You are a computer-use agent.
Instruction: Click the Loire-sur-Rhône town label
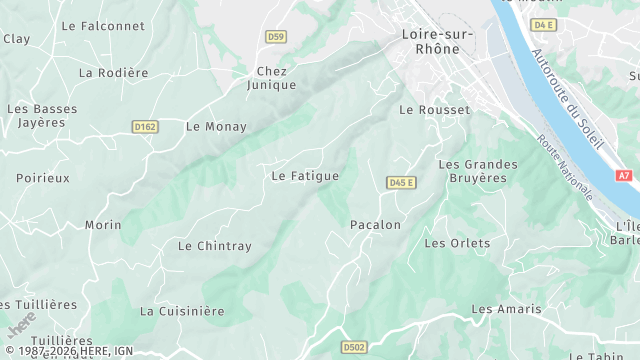[x=430, y=40]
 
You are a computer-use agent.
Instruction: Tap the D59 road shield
[x=276, y=37]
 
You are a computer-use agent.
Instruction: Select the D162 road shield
[x=145, y=126]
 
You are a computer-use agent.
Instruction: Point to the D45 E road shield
[x=401, y=182]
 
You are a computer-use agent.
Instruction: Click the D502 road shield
[x=353, y=347]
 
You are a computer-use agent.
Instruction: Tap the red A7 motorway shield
[x=624, y=175]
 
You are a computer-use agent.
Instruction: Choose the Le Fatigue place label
[x=305, y=176]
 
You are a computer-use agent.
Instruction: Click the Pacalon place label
[x=375, y=225]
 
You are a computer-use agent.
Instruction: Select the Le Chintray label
[x=215, y=246]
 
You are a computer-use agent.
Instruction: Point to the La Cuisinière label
[x=182, y=311]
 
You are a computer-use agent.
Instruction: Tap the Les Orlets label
[x=457, y=243]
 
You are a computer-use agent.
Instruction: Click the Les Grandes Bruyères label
[x=478, y=171]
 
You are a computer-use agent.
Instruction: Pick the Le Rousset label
[x=434, y=110]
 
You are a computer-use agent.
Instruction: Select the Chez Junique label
[x=272, y=78]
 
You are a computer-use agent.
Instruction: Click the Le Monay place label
[x=216, y=127]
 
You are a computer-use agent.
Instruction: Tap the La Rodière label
[x=113, y=73]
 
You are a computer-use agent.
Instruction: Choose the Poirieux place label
[x=43, y=178]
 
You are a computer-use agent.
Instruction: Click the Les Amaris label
[x=506, y=310]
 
